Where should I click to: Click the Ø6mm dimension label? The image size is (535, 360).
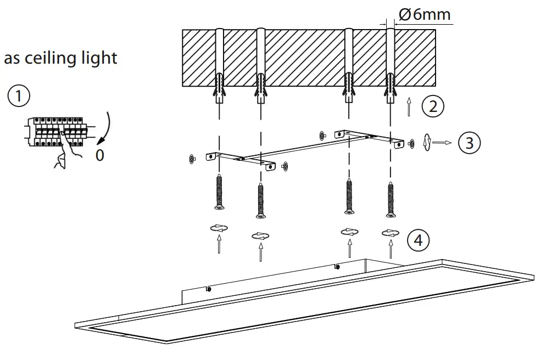pyautogui.click(x=425, y=14)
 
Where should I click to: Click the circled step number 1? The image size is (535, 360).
pyautogui.click(x=18, y=97)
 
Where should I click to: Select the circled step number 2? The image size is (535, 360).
pyautogui.click(x=433, y=106)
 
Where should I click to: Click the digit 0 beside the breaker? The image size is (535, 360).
pyautogui.click(x=99, y=155)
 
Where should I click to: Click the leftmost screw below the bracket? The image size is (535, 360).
pyautogui.click(x=219, y=192)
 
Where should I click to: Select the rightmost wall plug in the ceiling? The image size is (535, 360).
pyautogui.click(x=390, y=88)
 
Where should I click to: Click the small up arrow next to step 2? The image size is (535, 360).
pyautogui.click(x=408, y=108)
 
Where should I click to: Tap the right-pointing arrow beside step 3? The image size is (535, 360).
pyautogui.click(x=442, y=143)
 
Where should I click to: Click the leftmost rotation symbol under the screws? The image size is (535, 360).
pyautogui.click(x=219, y=228)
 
